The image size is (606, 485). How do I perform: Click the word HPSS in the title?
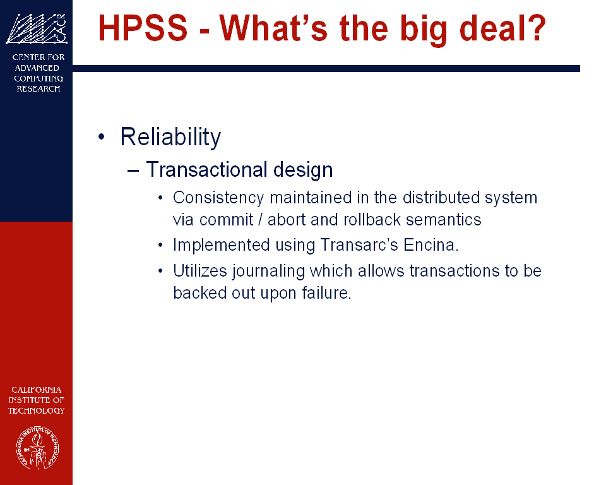click(x=143, y=28)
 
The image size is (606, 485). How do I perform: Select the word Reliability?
click(x=170, y=137)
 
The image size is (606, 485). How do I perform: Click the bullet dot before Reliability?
click(x=102, y=136)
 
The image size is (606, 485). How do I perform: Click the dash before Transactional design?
click(x=133, y=171)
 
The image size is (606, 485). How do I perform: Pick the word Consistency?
click(x=218, y=198)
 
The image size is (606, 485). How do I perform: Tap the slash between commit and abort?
click(x=261, y=220)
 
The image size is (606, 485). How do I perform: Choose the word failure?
click(x=326, y=293)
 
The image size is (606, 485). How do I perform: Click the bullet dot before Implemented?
click(x=161, y=245)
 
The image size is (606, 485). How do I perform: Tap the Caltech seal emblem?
click(x=37, y=448)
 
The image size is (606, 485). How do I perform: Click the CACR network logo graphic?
click(x=37, y=28)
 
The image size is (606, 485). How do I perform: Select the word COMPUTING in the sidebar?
click(x=39, y=78)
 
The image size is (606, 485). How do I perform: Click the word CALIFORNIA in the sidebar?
click(x=37, y=390)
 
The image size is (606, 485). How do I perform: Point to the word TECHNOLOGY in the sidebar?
click(x=37, y=410)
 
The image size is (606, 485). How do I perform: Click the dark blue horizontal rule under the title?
click(x=326, y=68)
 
